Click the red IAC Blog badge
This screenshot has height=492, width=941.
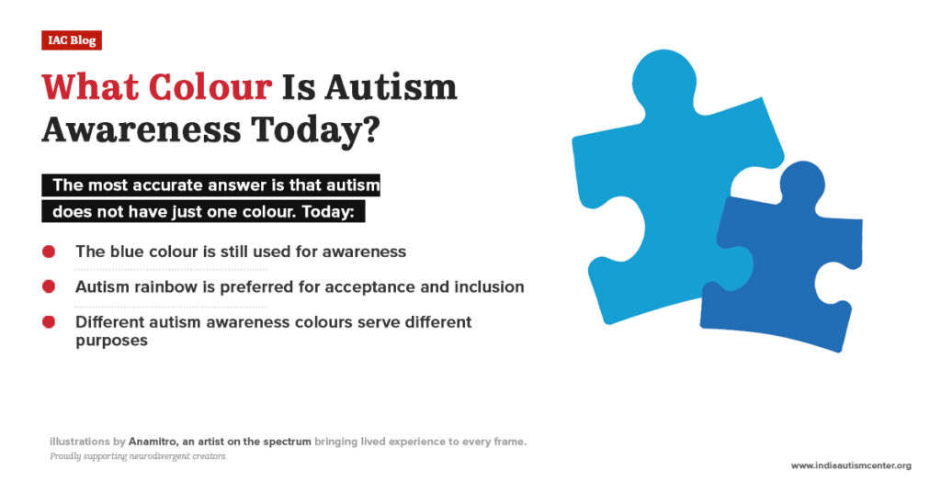pos(71,40)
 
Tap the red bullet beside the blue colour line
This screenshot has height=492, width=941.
pos(50,251)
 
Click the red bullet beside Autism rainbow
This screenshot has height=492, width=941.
pos(50,286)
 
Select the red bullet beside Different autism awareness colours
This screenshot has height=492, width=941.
pos(50,322)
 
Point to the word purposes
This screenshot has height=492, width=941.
pos(111,340)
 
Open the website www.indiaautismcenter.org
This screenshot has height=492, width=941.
pos(851,465)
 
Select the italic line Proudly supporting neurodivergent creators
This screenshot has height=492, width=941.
pos(138,456)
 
